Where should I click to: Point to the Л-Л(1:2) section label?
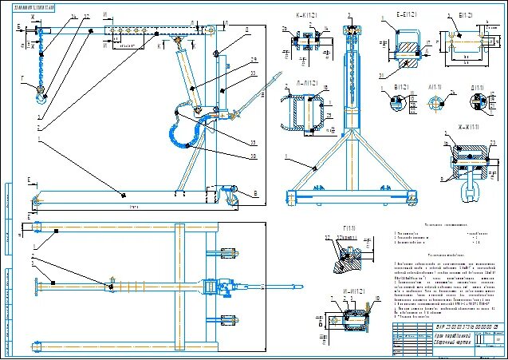[x=297, y=83]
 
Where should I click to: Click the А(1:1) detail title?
[x=435, y=87]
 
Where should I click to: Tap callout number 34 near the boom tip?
[x=73, y=15]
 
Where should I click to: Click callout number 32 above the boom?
[x=86, y=15]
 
